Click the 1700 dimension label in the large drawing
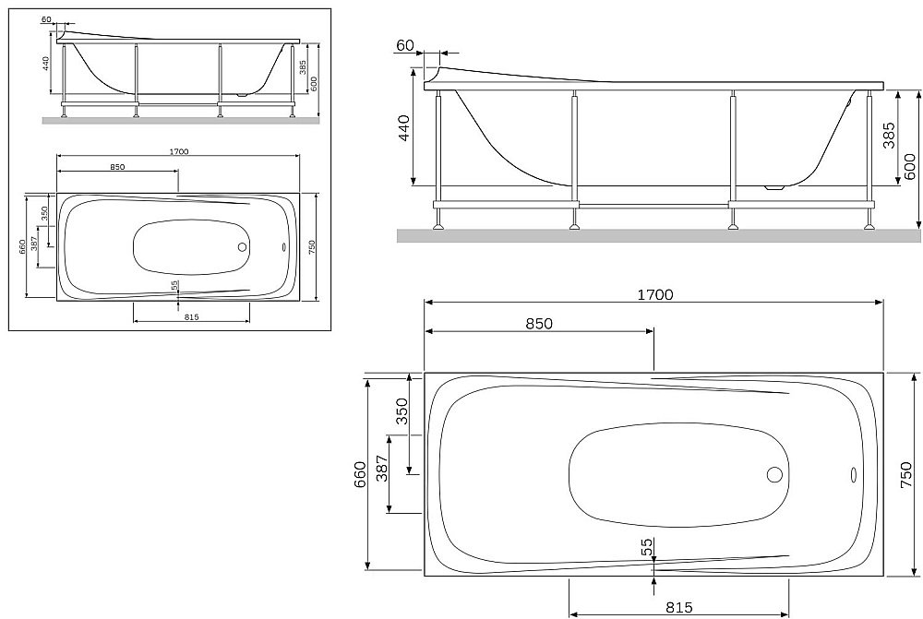[653, 295]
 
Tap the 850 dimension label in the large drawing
[539, 324]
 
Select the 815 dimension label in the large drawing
[678, 608]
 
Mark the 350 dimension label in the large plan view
[402, 411]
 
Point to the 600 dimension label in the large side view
[910, 166]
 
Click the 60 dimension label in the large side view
[404, 46]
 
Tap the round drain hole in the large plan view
[774, 475]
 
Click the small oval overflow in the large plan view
[851, 476]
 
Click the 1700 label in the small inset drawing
[179, 151]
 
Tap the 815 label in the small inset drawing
[191, 316]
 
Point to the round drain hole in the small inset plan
[242, 246]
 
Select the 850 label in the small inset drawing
[117, 167]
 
